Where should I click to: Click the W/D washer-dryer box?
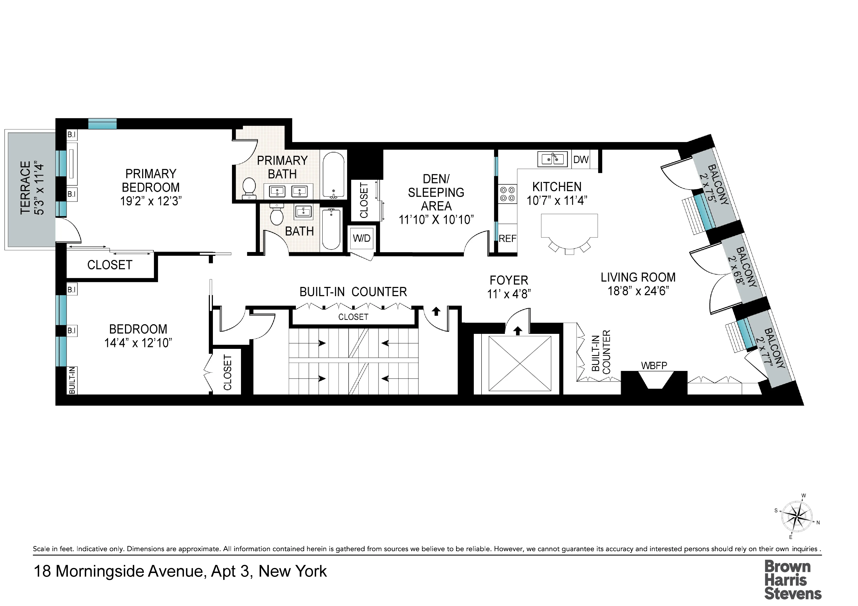(x=361, y=238)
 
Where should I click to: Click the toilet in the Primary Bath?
(x=249, y=188)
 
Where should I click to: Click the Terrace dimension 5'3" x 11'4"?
(x=39, y=188)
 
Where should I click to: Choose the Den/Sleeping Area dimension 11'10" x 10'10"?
(x=436, y=220)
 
